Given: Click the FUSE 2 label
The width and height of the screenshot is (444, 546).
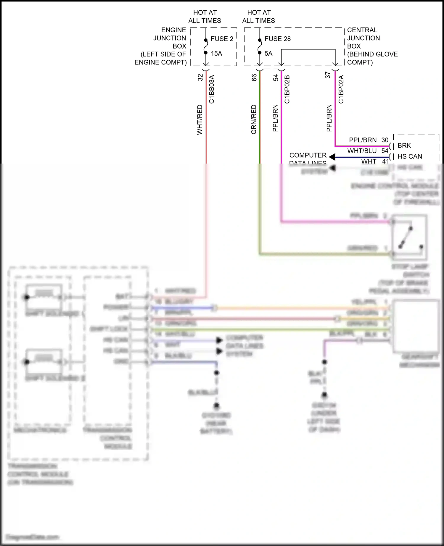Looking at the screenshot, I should click(222, 39).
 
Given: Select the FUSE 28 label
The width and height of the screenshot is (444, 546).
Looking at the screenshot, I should click(277, 39).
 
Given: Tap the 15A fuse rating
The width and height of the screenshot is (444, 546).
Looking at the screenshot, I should click(216, 54).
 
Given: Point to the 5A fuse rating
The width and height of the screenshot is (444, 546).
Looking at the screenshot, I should click(268, 54).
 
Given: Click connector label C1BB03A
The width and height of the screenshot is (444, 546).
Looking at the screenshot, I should click(212, 89).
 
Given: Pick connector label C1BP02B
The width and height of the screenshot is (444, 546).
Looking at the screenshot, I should click(287, 89).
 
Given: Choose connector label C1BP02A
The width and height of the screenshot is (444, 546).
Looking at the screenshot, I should click(341, 89).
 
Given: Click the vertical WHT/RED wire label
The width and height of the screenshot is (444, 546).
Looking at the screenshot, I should click(200, 119).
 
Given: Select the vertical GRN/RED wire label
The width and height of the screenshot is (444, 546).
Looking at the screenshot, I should click(254, 119).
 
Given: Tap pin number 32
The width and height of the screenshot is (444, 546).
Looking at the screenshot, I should click(200, 77).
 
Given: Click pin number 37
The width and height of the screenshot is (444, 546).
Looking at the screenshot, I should click(328, 75).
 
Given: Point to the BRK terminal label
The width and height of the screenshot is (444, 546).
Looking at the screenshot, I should click(404, 146).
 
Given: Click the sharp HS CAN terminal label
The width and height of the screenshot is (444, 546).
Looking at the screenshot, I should click(410, 156).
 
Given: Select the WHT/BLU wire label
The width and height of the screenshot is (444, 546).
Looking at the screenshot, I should click(362, 151).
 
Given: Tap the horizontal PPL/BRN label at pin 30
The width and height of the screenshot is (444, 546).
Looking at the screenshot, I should click(363, 140).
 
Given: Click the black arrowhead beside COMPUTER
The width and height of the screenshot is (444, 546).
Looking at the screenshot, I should click(332, 157).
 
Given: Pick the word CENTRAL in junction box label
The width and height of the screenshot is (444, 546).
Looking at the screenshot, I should click(362, 30).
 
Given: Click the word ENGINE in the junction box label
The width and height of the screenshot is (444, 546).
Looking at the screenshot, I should click(173, 30).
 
